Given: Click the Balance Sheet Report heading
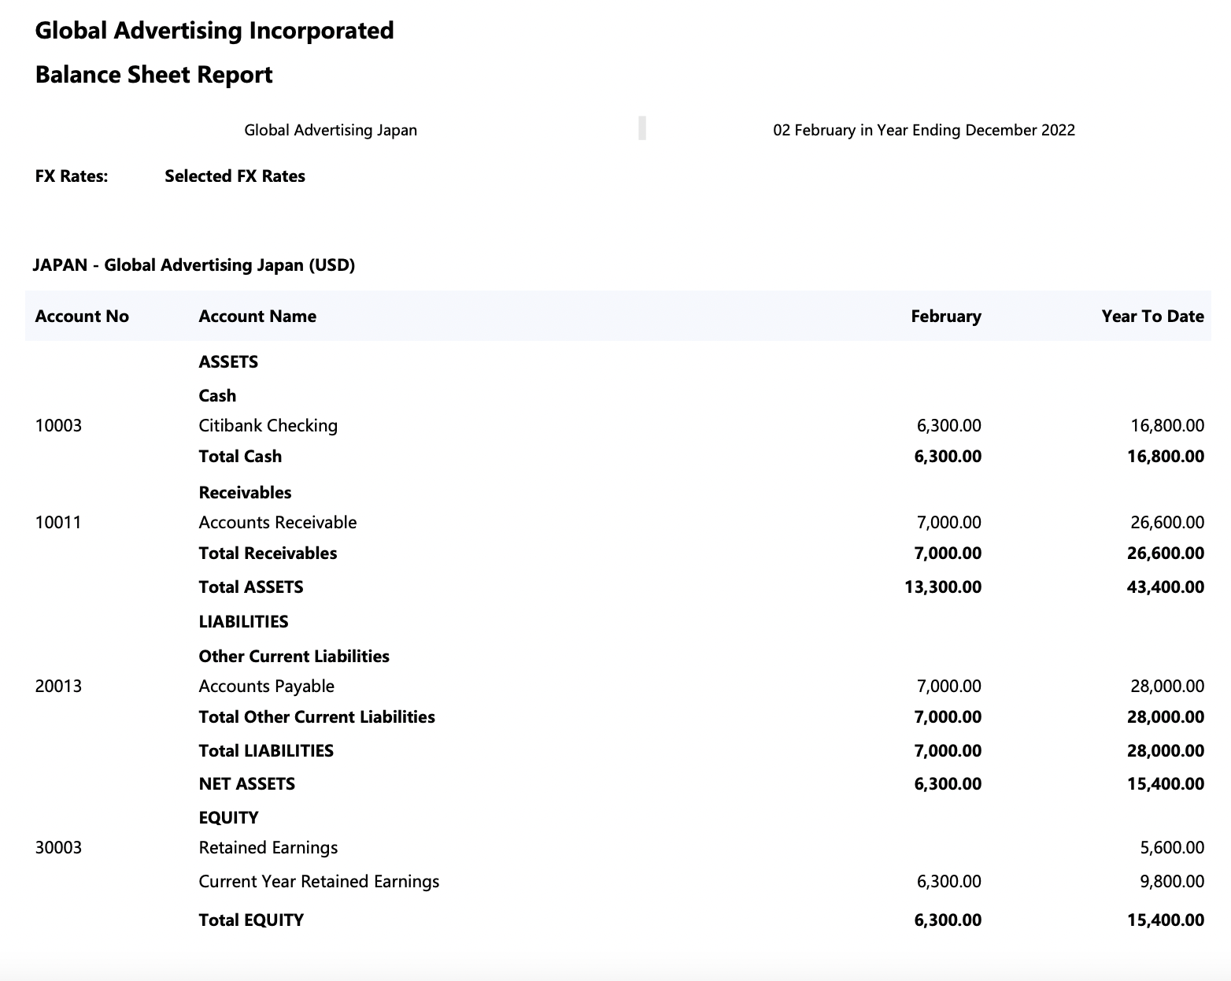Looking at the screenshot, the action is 153,75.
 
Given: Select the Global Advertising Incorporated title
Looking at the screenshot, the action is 214,31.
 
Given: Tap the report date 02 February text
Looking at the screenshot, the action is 923,130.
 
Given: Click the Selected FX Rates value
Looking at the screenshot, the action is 235,176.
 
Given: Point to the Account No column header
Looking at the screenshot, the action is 82,317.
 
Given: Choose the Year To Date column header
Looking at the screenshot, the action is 1152,317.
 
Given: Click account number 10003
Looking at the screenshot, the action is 58,426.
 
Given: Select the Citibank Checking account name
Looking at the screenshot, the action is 268,426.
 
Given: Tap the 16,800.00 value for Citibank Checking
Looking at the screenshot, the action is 1167,426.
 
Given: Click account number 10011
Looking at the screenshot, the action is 58,523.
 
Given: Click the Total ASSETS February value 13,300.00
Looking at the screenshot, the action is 943,587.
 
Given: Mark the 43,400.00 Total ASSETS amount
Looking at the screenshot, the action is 1166,587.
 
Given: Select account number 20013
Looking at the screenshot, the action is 58,687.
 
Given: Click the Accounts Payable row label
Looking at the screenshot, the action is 266,687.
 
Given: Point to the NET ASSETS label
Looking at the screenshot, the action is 246,784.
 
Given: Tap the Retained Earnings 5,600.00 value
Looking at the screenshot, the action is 1172,848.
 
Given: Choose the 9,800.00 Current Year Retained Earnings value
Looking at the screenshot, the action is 1172,882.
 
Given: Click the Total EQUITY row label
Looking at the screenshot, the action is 250,920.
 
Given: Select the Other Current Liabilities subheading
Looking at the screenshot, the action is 294,657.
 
